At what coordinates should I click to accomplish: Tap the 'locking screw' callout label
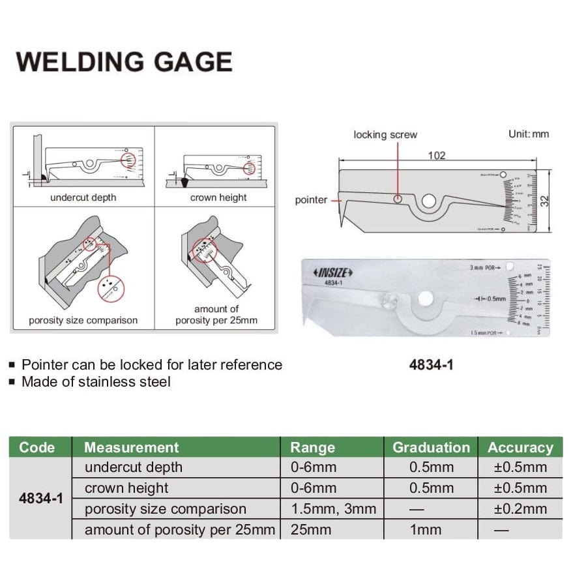pos(385,134)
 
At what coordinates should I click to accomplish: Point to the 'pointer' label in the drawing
pos(311,200)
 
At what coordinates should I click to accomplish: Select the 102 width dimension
pos(437,155)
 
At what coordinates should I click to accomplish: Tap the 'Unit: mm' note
pos(528,134)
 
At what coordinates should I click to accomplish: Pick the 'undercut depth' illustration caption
pos(83,198)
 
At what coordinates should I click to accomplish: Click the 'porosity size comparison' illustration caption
pos(83,320)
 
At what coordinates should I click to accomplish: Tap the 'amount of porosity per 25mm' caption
pos(216,314)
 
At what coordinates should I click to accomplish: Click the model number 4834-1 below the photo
pos(431,365)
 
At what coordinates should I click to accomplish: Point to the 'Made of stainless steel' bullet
pos(96,381)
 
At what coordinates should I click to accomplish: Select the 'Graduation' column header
pos(431,447)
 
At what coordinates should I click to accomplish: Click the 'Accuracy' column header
pos(520,447)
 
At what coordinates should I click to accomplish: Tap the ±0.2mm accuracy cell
pos(520,509)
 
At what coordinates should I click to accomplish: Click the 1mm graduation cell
pos(431,530)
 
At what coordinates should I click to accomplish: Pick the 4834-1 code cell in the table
pos(41,499)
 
